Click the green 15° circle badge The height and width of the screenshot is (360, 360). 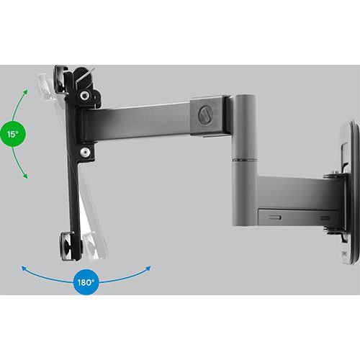click(x=13, y=134)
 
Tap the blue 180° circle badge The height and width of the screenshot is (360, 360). click(x=86, y=282)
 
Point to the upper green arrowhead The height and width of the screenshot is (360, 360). click(x=25, y=93)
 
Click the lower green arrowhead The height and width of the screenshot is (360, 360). click(x=25, y=176)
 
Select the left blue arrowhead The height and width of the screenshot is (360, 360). click(x=24, y=269)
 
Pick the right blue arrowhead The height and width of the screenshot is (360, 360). click(x=148, y=269)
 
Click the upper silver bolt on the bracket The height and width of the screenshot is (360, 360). click(x=84, y=96)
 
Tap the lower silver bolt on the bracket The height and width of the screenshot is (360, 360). click(x=84, y=152)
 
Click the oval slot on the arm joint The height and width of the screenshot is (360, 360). click(x=204, y=115)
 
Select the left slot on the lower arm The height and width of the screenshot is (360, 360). click(x=275, y=217)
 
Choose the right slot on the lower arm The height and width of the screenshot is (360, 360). click(x=325, y=218)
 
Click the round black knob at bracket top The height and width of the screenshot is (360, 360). click(x=84, y=78)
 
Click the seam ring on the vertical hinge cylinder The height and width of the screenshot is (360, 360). click(x=243, y=159)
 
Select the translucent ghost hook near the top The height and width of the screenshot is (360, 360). click(x=45, y=87)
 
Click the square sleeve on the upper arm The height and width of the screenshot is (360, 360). click(x=207, y=117)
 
